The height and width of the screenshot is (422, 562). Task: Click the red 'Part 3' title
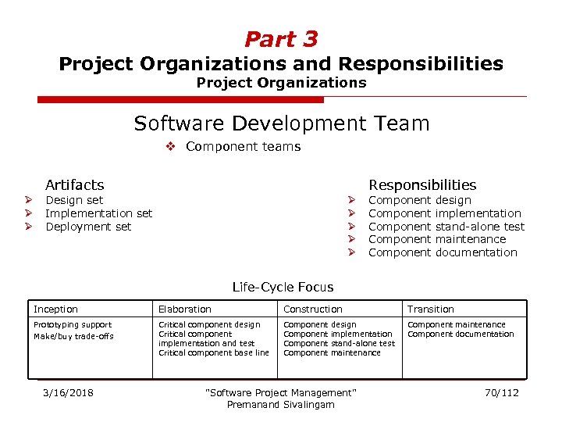pyautogui.click(x=281, y=39)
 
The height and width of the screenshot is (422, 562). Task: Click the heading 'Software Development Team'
pyautogui.click(x=281, y=123)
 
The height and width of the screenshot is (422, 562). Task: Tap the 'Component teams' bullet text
pyautogui.click(x=243, y=147)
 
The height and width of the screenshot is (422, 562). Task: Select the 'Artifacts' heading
pyautogui.click(x=74, y=185)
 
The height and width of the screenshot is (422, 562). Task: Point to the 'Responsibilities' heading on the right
pyautogui.click(x=421, y=185)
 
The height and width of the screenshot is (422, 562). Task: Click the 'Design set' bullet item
pyautogui.click(x=74, y=200)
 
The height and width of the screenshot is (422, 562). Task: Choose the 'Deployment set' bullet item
pyautogui.click(x=88, y=227)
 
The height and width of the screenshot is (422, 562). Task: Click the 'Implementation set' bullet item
pyautogui.click(x=99, y=213)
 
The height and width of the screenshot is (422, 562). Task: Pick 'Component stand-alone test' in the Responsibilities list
pyautogui.click(x=446, y=227)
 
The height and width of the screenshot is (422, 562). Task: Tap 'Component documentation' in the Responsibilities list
pyautogui.click(x=443, y=252)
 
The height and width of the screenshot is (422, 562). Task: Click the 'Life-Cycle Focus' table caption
pyautogui.click(x=283, y=288)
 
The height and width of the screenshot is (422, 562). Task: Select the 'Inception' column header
pyautogui.click(x=55, y=309)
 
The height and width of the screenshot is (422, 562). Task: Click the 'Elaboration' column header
pyautogui.click(x=185, y=309)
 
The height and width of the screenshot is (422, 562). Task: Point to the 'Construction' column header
pyautogui.click(x=312, y=309)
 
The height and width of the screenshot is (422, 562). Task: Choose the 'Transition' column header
pyautogui.click(x=431, y=309)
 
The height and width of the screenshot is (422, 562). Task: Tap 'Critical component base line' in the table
pyautogui.click(x=213, y=353)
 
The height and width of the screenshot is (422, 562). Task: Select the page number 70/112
pyautogui.click(x=501, y=392)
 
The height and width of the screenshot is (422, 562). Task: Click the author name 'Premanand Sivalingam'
pyautogui.click(x=280, y=405)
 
